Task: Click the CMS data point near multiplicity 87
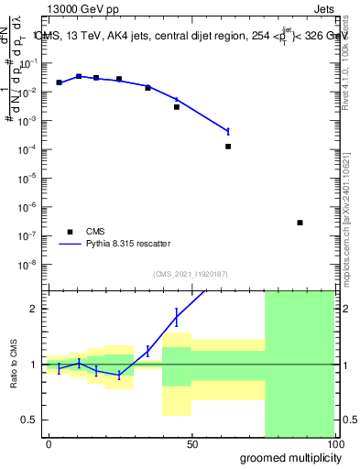coord(300,223)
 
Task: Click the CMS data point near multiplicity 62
coord(228,147)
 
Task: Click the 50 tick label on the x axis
coord(192,444)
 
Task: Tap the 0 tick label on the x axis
coord(49,444)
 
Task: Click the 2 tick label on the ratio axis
coord(34,309)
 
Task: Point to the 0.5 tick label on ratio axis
coord(30,420)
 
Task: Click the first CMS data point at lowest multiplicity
coord(60,82)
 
